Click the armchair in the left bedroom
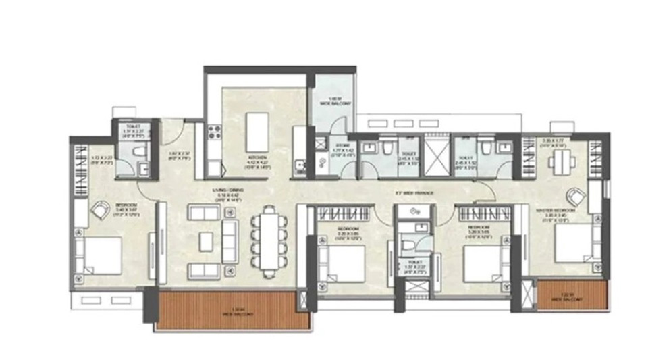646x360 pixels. click(99, 211)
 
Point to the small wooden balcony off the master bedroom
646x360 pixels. click(571, 296)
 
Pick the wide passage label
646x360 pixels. click(414, 194)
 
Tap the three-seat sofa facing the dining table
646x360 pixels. click(230, 241)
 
